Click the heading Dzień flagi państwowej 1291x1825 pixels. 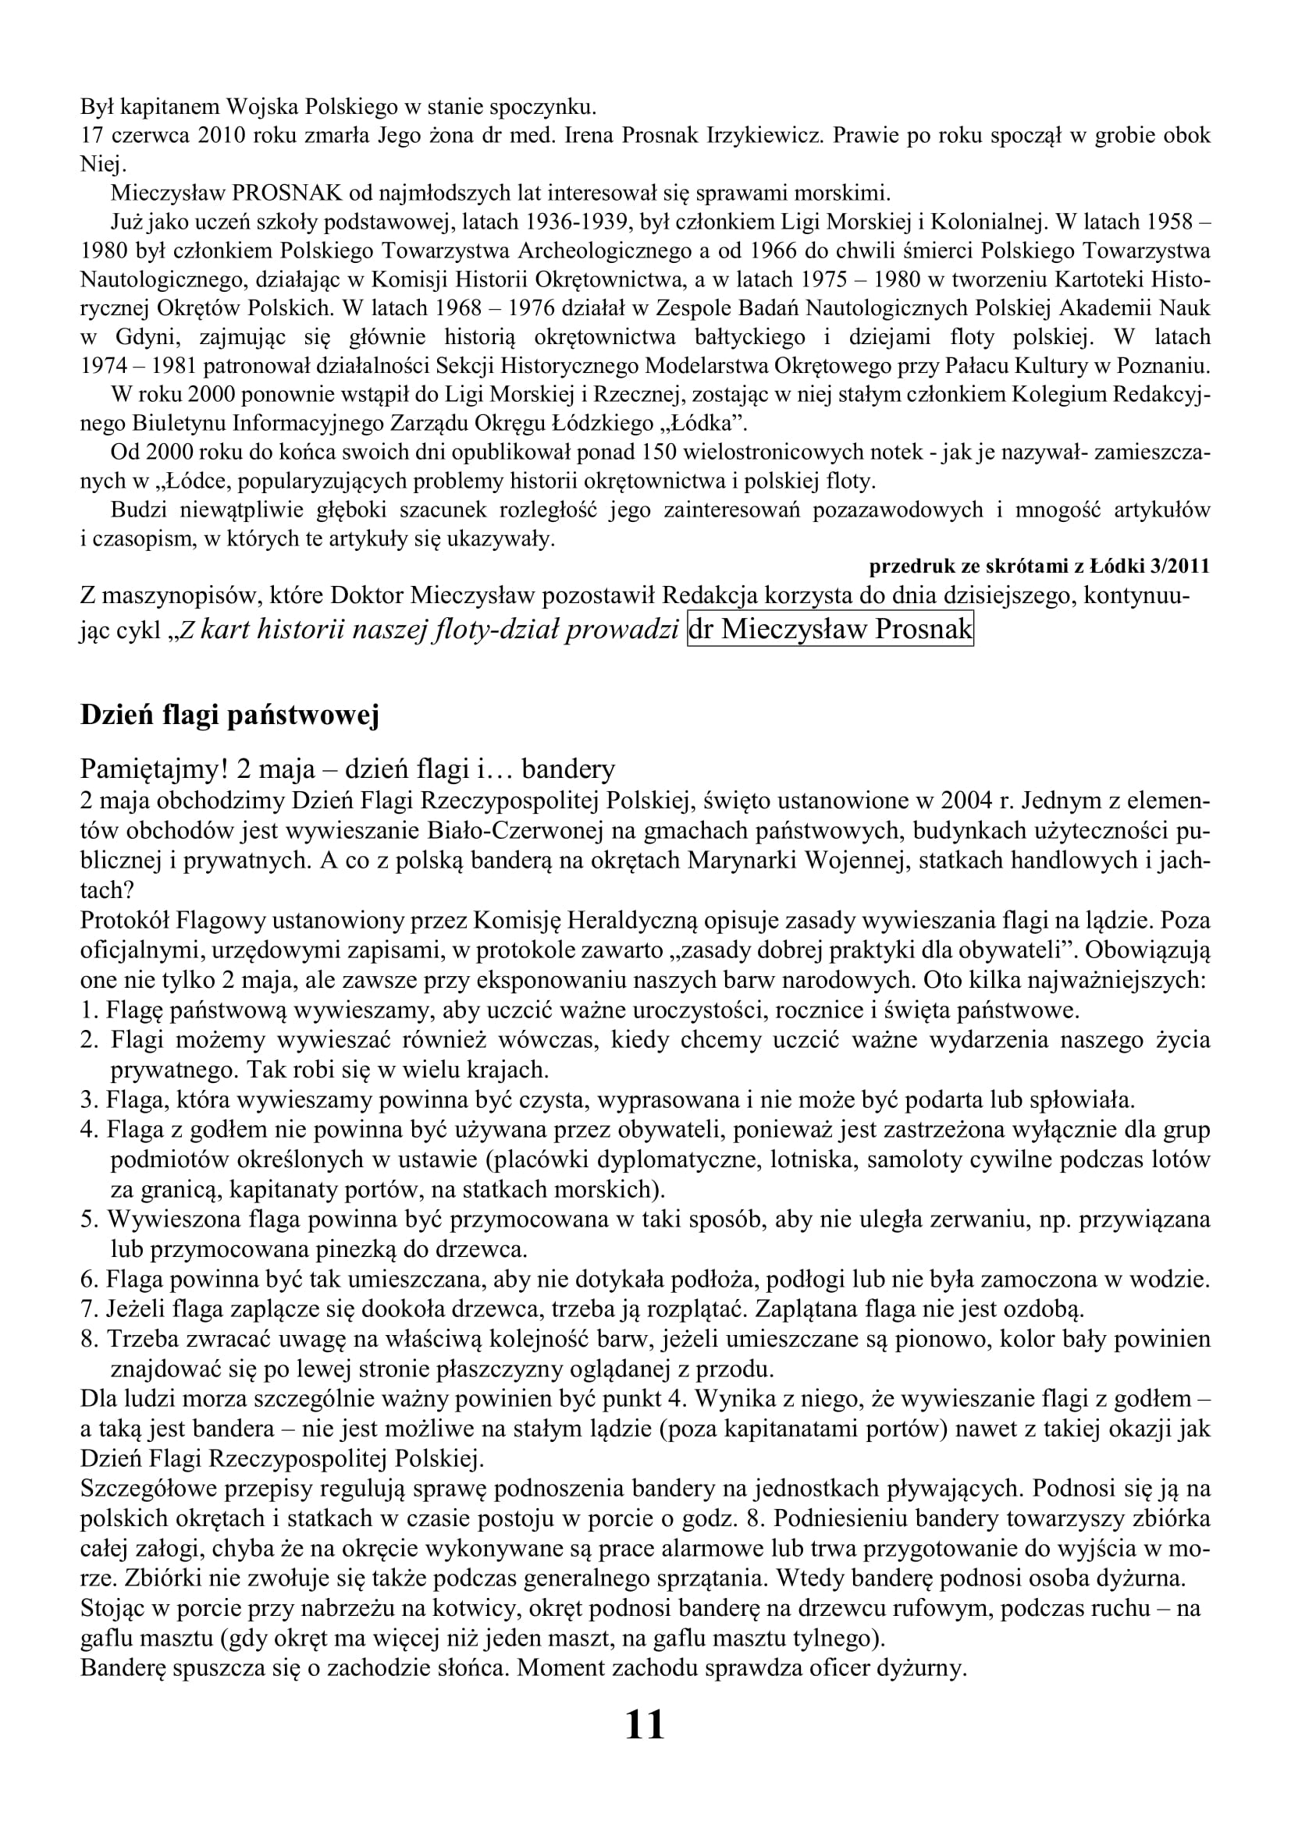(229, 715)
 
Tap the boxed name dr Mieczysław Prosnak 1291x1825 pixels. (830, 629)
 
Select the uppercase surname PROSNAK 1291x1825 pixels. (286, 194)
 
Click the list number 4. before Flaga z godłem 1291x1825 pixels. (88, 1130)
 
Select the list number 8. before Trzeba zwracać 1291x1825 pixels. (88, 1340)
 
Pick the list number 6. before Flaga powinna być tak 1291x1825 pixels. (88, 1280)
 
